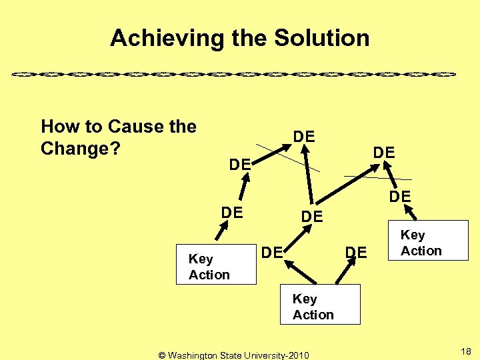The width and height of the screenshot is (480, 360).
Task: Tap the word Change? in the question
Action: point(80,148)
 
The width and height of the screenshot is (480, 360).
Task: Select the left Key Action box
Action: point(215,266)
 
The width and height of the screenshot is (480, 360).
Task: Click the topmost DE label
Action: point(304,137)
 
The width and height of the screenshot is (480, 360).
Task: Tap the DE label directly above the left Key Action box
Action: point(231,212)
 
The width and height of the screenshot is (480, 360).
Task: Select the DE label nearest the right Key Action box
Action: point(400,196)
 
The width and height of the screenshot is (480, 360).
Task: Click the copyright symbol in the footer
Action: point(162,355)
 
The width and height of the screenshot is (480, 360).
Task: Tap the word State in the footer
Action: point(234,355)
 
